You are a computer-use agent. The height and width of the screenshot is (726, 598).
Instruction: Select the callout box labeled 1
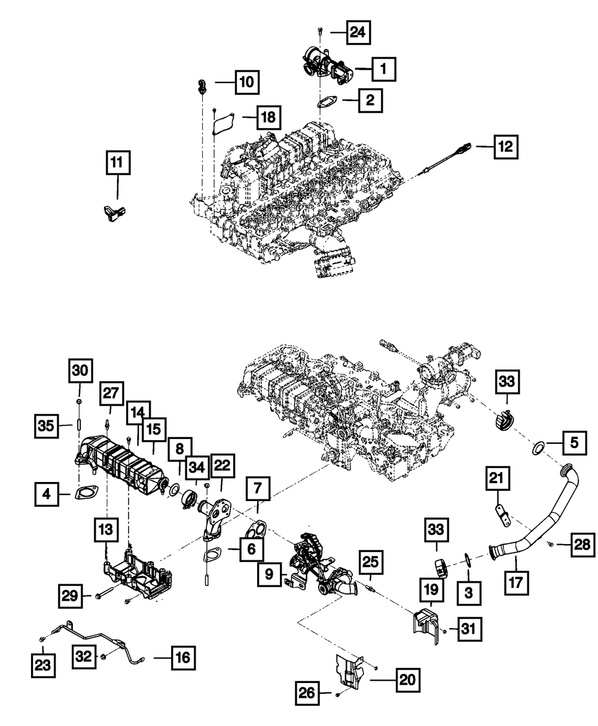pyautogui.click(x=383, y=70)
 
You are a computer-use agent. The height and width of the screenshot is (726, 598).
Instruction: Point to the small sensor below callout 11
pyautogui.click(x=114, y=212)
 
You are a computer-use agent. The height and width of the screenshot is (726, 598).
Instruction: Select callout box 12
pyautogui.click(x=507, y=146)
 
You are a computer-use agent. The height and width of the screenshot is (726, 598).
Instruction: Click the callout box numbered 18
pyautogui.click(x=269, y=118)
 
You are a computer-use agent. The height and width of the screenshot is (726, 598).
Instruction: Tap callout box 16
pyautogui.click(x=183, y=658)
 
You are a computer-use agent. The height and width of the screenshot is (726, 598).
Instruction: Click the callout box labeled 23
pyautogui.click(x=43, y=664)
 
